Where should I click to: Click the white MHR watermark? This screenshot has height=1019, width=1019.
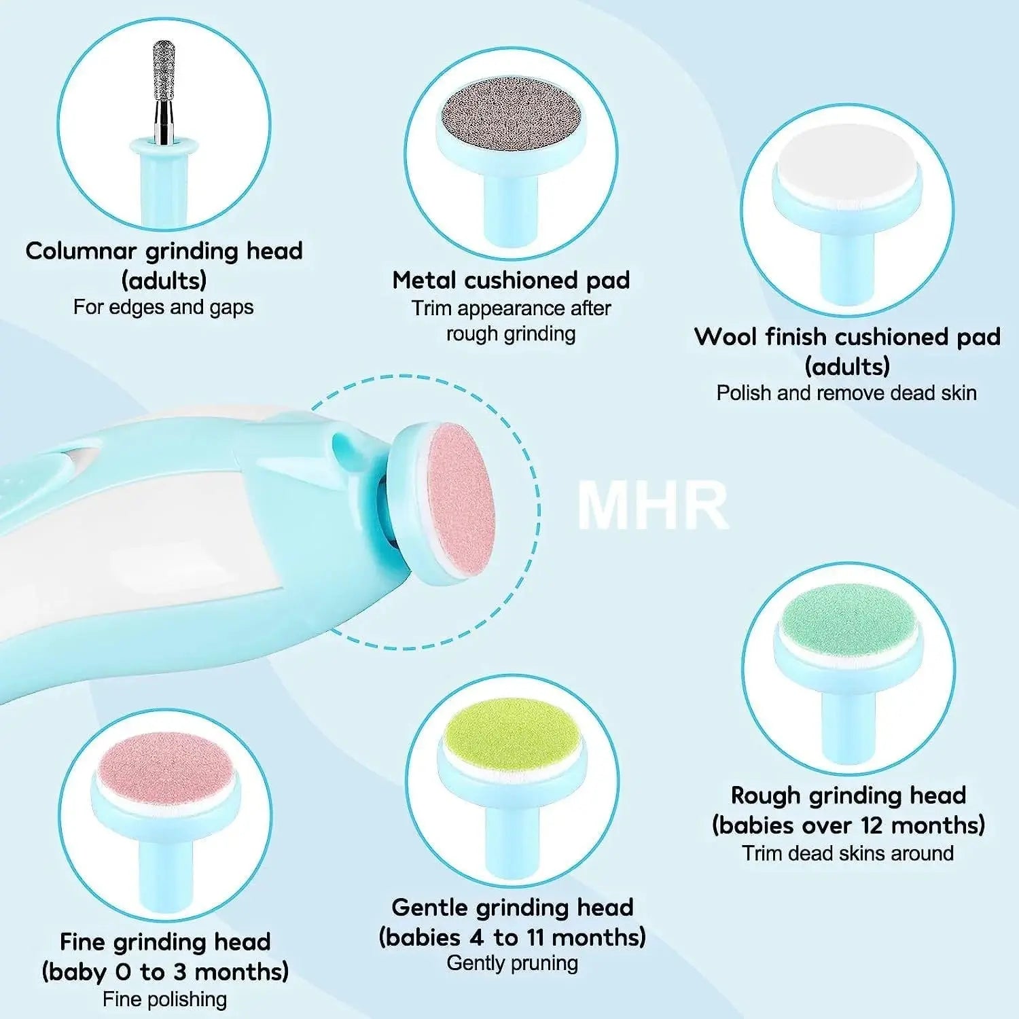tap(652, 505)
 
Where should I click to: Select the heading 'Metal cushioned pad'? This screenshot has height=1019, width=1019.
tap(511, 280)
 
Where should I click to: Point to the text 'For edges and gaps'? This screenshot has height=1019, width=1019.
tap(163, 307)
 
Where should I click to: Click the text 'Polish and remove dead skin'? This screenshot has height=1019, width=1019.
tap(846, 393)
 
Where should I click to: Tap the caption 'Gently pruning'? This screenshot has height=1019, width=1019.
tap(512, 963)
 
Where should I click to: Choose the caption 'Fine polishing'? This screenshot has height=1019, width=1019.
tap(165, 999)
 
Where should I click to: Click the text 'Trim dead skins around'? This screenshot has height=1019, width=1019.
tap(848, 853)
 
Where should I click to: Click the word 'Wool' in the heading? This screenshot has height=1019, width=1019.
tap(726, 337)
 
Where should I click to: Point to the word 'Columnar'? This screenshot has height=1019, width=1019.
tap(81, 251)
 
